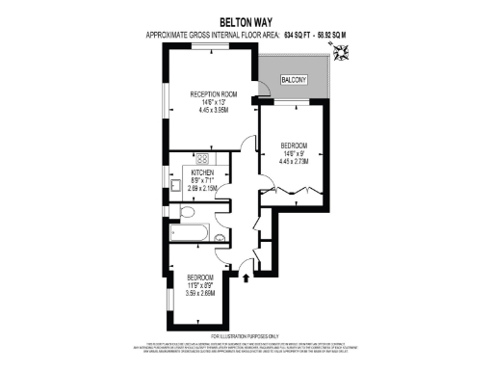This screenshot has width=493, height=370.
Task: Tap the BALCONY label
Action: click(294, 79)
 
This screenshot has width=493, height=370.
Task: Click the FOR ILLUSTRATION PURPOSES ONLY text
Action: click(246, 334)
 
